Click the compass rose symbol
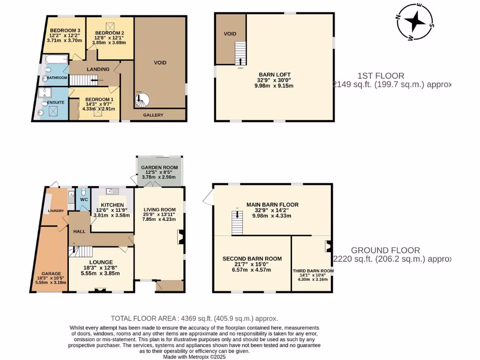[415, 21]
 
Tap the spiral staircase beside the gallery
[141, 99]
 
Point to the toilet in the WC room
[83, 192]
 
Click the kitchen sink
[110, 191]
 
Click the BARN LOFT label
[274, 75]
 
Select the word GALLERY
[153, 115]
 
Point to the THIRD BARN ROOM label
[313, 271]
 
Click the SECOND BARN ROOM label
[252, 259]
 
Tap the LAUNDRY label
[55, 211]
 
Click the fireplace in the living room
[180, 237]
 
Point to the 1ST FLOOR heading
[381, 75]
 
